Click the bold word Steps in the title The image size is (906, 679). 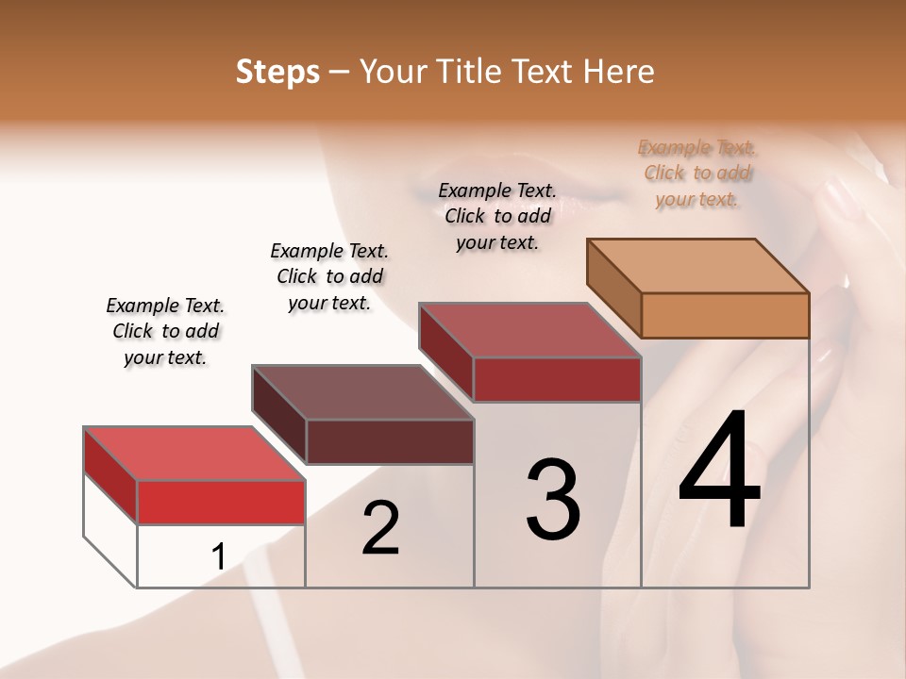pos(277,72)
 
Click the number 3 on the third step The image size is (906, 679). pos(553,500)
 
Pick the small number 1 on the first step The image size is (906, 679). pos(218,557)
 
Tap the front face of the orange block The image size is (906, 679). pos(725,315)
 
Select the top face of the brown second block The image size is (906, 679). pos(362,392)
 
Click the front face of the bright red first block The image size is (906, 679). pos(221,502)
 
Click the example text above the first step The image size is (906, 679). pos(165,331)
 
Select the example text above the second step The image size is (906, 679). pos(329,276)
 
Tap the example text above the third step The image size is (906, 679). pos(497,216)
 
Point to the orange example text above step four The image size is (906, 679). pos(697,173)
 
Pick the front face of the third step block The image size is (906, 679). pos(557,379)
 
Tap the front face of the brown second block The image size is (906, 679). pos(390,441)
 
